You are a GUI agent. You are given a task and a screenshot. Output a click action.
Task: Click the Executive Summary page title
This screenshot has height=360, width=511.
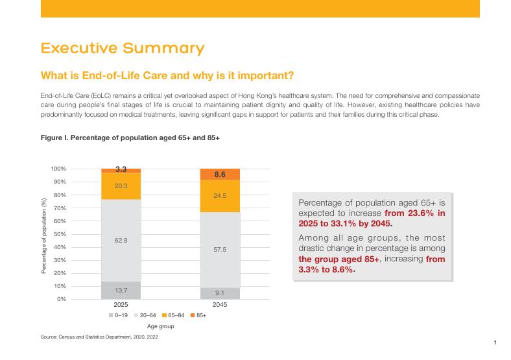(x=122, y=49)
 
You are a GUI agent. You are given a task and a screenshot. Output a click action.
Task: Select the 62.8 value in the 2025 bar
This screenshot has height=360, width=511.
(x=121, y=241)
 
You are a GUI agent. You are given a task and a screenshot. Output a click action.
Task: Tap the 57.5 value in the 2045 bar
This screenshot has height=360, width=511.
(x=219, y=249)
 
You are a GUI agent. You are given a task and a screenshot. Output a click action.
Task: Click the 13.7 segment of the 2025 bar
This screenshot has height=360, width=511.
(x=121, y=290)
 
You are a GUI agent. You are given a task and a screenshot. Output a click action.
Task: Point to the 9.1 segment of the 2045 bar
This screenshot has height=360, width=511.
(x=219, y=293)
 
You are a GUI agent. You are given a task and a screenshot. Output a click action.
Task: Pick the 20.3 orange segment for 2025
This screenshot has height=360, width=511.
(x=121, y=186)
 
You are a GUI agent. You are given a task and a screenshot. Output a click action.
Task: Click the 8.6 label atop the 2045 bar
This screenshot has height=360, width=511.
(x=219, y=174)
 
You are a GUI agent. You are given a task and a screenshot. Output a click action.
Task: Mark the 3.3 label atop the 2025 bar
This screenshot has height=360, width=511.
(x=121, y=169)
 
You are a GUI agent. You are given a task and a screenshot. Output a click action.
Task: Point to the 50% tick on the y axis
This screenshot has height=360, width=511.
(x=59, y=234)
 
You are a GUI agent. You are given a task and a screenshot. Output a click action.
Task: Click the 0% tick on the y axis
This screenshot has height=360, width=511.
(x=61, y=299)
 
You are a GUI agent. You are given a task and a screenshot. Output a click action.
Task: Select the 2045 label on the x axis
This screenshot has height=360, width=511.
(x=219, y=304)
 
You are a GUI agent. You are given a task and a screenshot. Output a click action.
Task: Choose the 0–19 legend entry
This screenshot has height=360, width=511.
(x=118, y=315)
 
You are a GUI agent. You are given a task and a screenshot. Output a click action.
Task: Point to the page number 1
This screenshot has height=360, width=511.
(x=495, y=342)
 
